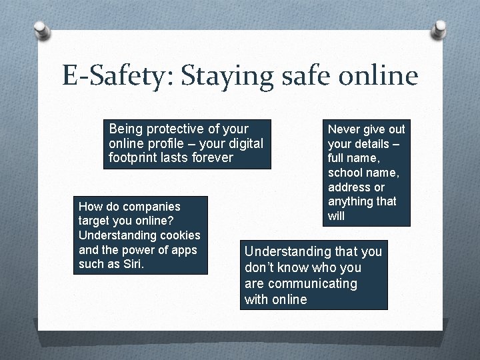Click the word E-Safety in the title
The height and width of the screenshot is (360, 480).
[113, 77]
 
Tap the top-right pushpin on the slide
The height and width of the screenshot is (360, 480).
[439, 29]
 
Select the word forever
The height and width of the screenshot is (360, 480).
[211, 158]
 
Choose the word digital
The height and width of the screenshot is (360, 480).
[242, 143]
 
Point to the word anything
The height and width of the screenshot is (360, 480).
[352, 201]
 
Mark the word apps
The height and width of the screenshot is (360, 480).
[183, 250]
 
